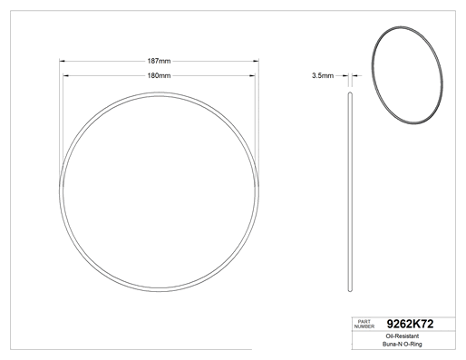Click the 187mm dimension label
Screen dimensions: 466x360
coord(159,61)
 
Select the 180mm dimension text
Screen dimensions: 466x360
coord(159,75)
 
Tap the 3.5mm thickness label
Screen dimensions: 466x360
coord(323,75)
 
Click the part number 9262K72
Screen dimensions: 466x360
coord(410,324)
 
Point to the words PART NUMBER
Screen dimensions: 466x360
coord(364,324)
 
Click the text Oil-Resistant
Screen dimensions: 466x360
coord(403,336)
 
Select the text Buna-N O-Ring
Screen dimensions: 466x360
coord(403,344)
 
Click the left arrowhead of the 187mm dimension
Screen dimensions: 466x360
coord(62,61)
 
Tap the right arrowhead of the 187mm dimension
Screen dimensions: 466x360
coord(256,61)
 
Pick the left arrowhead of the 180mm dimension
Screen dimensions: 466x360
coord(65,75)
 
